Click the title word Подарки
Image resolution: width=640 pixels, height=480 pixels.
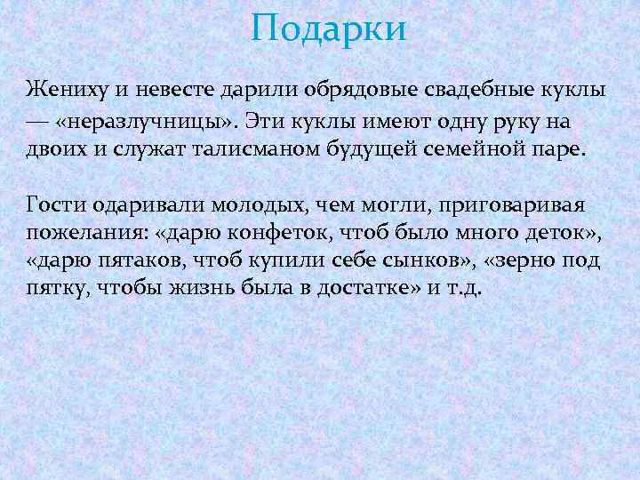(x=328, y=28)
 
